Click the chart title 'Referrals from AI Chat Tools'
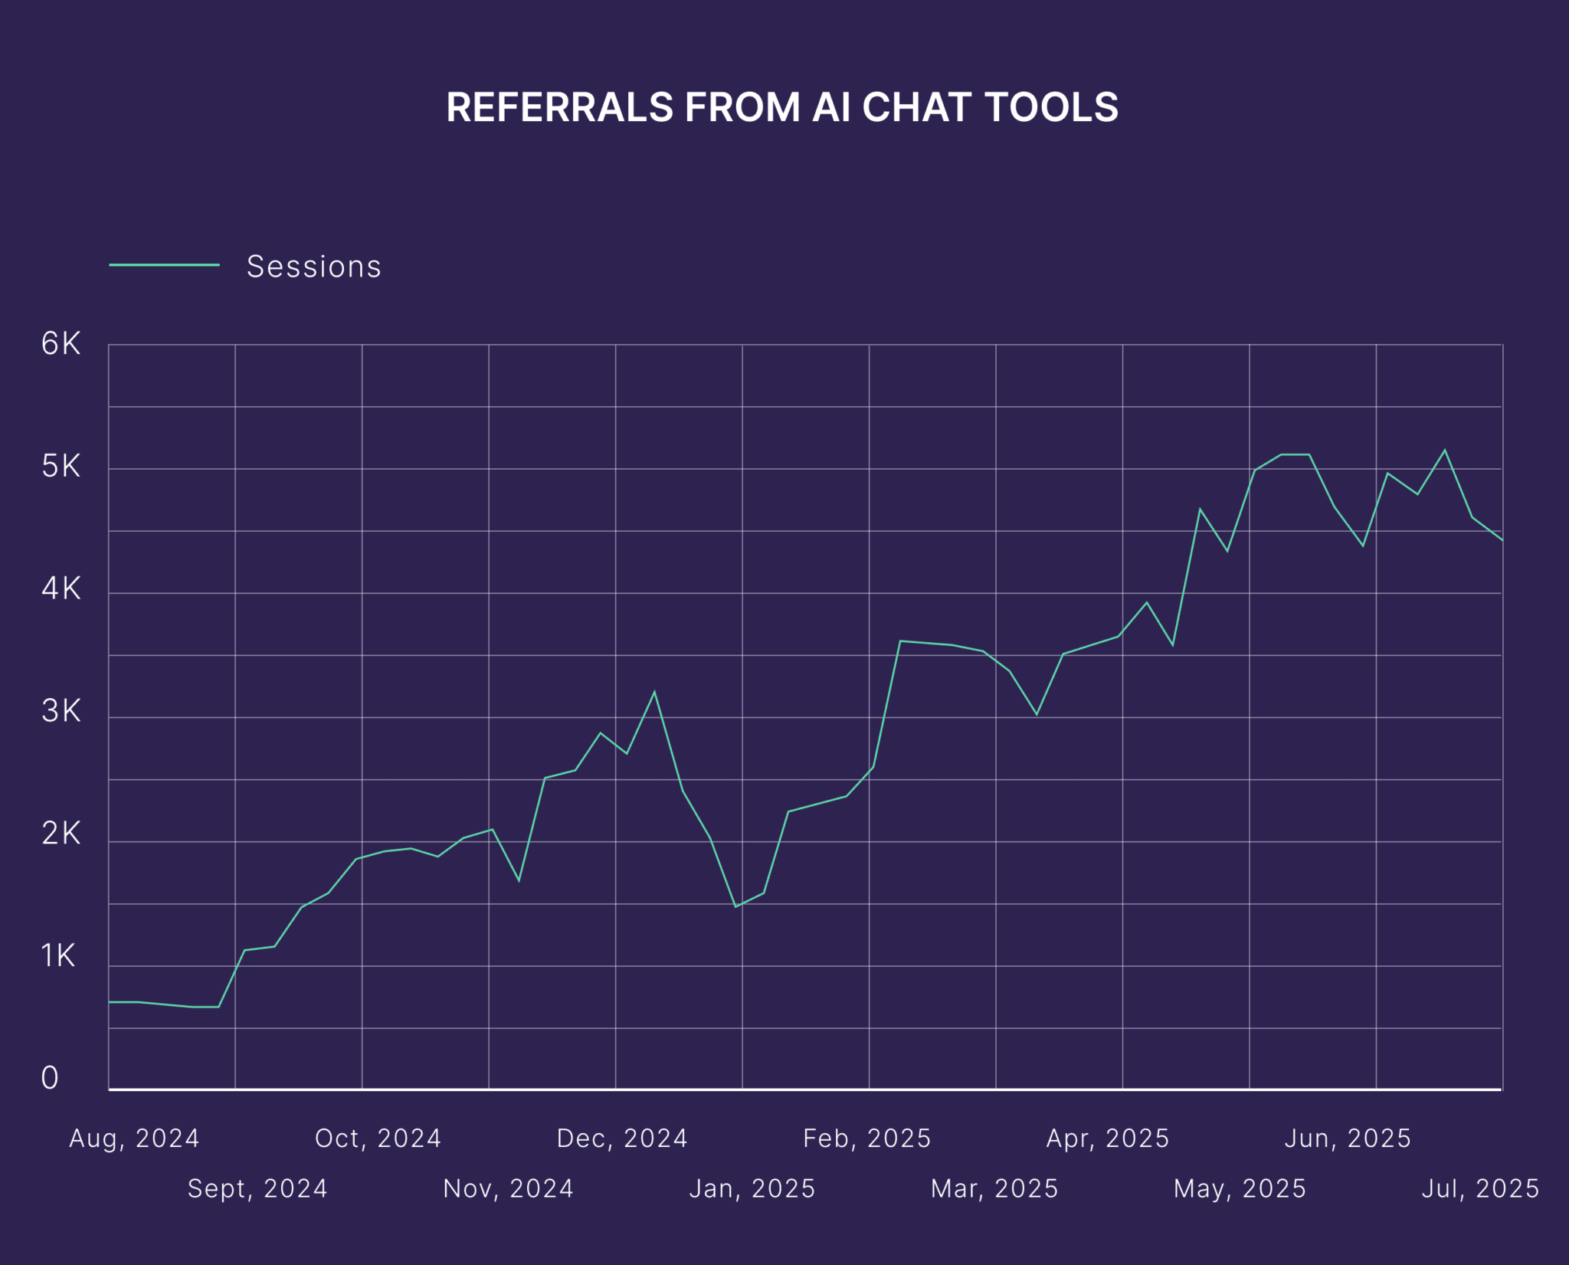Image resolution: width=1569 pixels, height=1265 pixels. tap(782, 107)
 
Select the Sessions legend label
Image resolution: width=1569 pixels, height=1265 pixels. tap(313, 267)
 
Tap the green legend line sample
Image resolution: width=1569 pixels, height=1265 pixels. tap(164, 265)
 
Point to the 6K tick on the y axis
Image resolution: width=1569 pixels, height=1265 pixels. tap(61, 344)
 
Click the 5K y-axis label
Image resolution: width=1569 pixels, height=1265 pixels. tap(61, 467)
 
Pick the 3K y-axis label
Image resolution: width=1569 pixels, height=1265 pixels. tap(61, 712)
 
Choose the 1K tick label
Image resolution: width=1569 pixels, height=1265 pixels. tap(58, 956)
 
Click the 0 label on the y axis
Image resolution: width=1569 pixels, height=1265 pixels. tap(50, 1078)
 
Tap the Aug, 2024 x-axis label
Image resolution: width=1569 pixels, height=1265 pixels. tap(134, 1139)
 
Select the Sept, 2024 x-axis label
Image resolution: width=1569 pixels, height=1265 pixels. tap(257, 1188)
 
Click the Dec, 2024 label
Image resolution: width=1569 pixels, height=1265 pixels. tap(622, 1139)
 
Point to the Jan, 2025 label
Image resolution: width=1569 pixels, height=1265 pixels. tap(752, 1188)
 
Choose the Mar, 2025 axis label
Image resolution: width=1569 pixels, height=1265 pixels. tap(994, 1188)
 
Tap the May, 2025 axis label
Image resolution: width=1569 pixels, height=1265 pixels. tap(1240, 1188)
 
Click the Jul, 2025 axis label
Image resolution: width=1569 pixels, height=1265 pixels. tap(1480, 1188)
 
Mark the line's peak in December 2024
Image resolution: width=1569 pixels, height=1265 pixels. tap(654, 692)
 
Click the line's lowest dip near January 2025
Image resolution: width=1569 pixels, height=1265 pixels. tap(735, 907)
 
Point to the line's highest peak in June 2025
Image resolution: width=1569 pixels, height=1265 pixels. tap(1445, 450)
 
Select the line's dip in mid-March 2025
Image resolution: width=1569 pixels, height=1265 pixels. tap(1037, 715)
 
